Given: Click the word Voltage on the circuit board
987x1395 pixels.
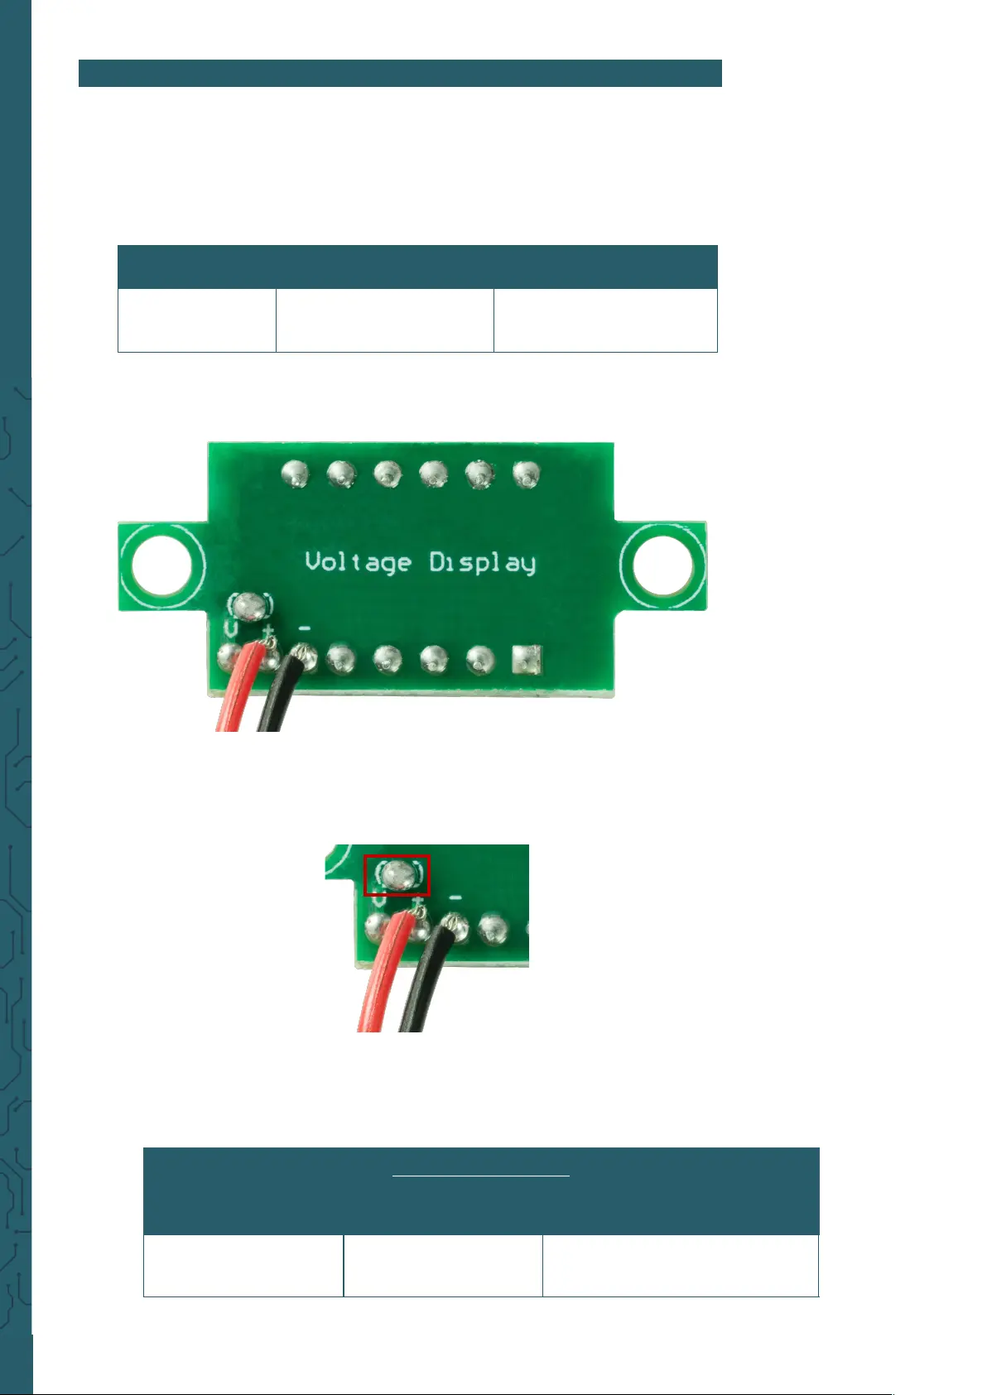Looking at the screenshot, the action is click(358, 563).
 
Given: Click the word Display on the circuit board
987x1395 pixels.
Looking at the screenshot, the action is click(482, 564).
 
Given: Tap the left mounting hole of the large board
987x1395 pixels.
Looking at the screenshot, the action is click(163, 566).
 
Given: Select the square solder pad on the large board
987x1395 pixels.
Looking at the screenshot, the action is click(527, 660).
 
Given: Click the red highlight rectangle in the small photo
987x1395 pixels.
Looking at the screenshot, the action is click(397, 876).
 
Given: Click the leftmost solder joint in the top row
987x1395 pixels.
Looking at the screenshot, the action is click(296, 474).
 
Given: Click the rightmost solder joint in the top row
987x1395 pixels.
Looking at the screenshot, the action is click(525, 474).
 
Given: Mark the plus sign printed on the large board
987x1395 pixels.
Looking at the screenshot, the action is click(268, 633).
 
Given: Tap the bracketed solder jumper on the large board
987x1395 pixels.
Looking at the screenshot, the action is click(251, 607).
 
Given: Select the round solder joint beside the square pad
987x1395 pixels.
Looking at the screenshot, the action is click(479, 660).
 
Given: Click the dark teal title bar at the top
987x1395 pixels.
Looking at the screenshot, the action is click(400, 73).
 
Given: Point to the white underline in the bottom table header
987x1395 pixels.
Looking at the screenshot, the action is click(480, 1175).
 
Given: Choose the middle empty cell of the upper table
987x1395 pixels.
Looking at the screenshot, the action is click(384, 320).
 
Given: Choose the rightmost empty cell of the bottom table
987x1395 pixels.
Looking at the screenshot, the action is click(680, 1266).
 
